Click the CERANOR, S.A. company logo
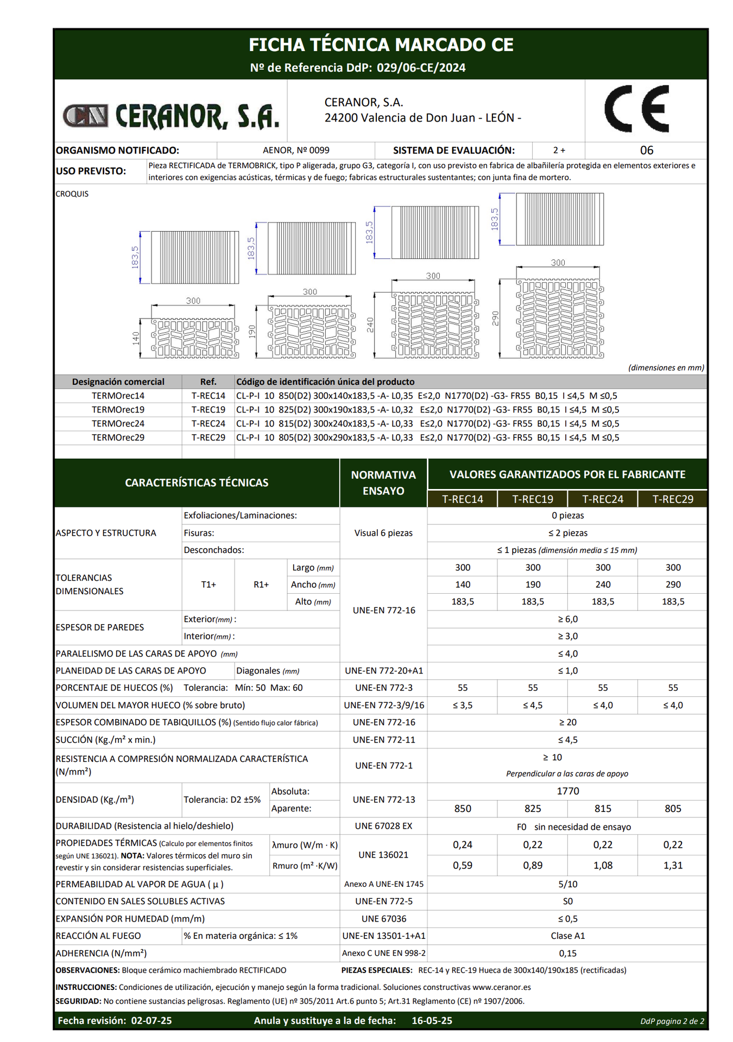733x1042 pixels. pos(170,116)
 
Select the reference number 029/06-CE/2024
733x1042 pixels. pos(421,68)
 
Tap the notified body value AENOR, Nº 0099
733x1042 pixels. pos(296,150)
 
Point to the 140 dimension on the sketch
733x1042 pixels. pos(136,339)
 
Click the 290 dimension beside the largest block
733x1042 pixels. pos(495,318)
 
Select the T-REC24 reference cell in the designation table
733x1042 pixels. pos(208,423)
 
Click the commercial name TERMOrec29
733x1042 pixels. pos(118,437)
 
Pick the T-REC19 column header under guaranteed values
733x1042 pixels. pos(533,499)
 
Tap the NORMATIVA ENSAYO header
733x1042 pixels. pos(383,482)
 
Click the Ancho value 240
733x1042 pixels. pos(603,584)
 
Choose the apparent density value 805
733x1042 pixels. pos(673,809)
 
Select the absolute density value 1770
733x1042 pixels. pos(567,791)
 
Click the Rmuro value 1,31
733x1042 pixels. pos(673,866)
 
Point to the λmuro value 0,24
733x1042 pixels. pos(463,845)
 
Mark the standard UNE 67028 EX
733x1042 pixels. pos(383,826)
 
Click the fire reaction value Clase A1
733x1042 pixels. pos(567,936)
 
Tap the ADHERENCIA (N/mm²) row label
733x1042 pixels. pos(101,953)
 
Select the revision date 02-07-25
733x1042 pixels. pos(151,1021)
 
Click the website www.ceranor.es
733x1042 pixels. pos(501,987)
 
